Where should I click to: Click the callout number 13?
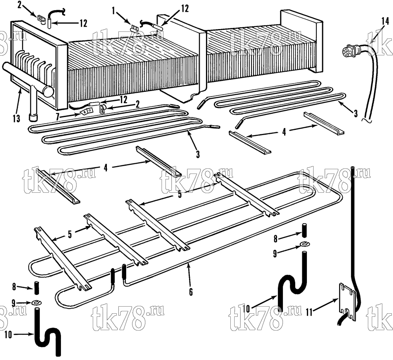(17, 118)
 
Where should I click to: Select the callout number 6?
(191, 292)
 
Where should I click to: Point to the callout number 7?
(58, 117)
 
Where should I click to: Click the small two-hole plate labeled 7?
(86, 110)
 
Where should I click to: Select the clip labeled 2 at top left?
(41, 20)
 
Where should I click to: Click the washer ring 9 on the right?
(304, 243)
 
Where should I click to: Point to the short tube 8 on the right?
(304, 230)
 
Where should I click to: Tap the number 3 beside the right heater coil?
(356, 114)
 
